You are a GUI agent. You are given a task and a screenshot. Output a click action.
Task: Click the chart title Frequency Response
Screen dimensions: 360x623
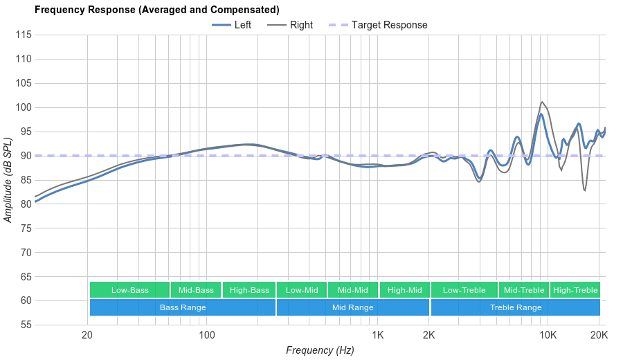157,10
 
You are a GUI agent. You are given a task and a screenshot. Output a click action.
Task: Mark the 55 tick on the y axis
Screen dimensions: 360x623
25,325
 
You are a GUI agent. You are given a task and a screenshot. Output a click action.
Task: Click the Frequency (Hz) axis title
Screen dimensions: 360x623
320,350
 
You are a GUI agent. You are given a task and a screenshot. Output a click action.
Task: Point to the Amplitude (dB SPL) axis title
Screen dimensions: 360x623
8,180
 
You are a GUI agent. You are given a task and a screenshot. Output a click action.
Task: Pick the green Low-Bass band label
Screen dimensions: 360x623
129,290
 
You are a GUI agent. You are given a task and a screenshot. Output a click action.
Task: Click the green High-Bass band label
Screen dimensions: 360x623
249,290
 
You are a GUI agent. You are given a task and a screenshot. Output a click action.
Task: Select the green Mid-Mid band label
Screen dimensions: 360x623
353,290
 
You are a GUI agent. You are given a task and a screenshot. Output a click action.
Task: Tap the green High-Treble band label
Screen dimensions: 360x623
575,290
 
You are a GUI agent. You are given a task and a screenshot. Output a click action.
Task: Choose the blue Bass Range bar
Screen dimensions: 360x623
183,307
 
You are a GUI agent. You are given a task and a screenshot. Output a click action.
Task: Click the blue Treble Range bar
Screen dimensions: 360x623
516,307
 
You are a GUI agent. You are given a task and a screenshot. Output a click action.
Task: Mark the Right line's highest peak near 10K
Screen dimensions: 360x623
542,102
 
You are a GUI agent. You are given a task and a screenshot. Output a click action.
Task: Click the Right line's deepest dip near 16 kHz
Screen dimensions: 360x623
585,190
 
